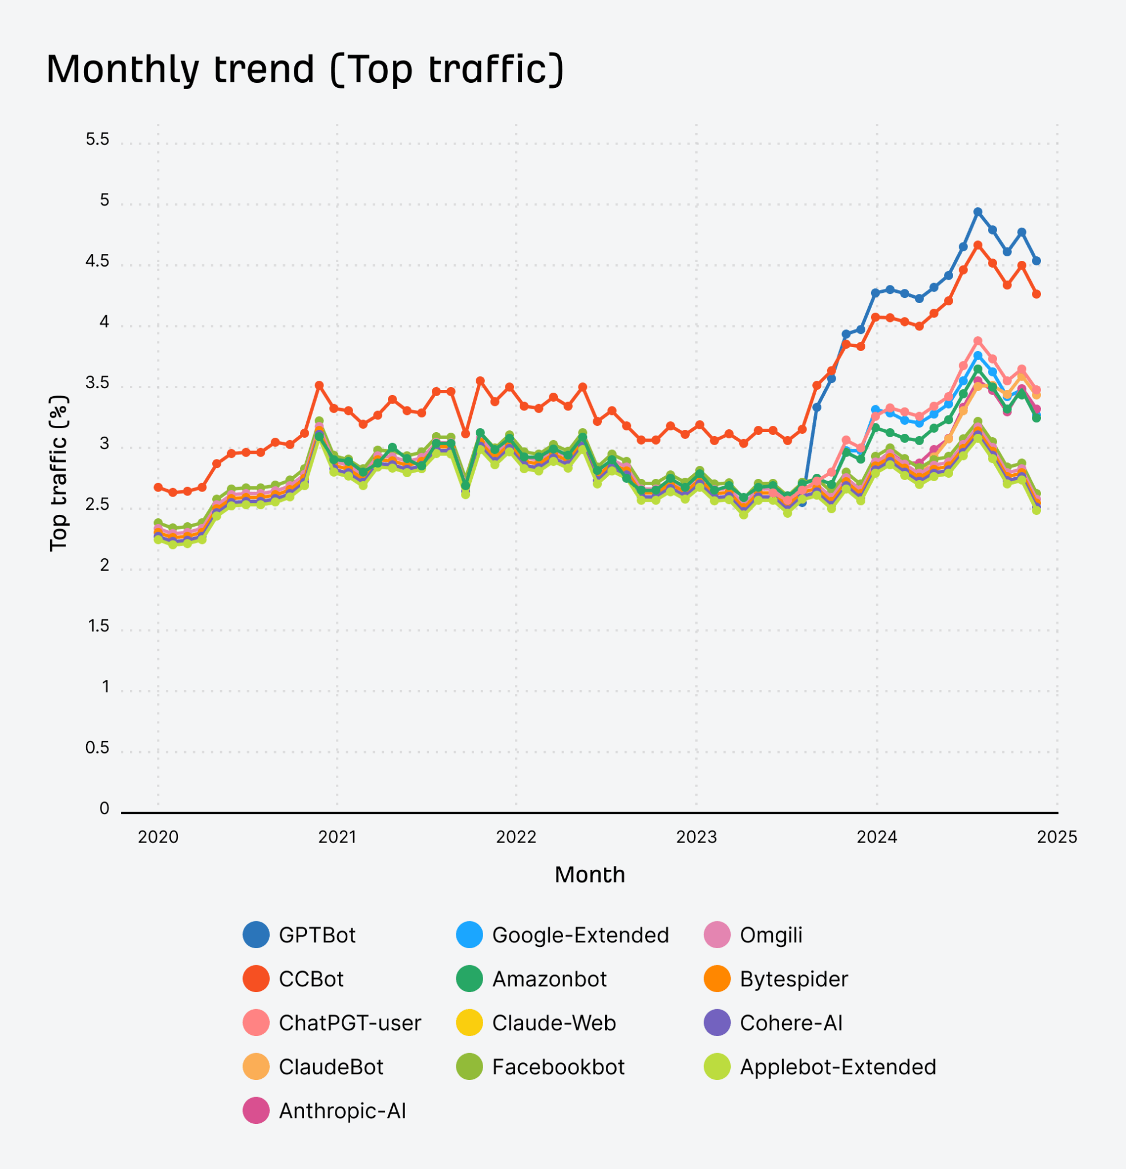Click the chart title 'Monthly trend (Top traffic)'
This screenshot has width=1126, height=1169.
pyautogui.click(x=305, y=69)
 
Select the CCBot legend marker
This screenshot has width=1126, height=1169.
pyautogui.click(x=256, y=979)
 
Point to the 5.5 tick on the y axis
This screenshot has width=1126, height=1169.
pyautogui.click(x=97, y=140)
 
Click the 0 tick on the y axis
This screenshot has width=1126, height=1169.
pyautogui.click(x=104, y=809)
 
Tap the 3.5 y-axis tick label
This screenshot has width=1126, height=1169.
pyautogui.click(x=97, y=383)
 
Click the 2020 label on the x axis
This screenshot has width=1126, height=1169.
pyautogui.click(x=158, y=837)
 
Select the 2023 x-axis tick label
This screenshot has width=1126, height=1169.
pyautogui.click(x=696, y=837)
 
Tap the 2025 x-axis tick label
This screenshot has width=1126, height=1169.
pyautogui.click(x=1057, y=837)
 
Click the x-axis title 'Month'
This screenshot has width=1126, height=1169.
pyautogui.click(x=590, y=874)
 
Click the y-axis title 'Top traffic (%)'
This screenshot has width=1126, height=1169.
pyautogui.click(x=58, y=473)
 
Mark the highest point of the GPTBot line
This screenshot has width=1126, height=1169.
pyautogui.click(x=978, y=212)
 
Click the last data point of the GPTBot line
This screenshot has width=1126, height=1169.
pyautogui.click(x=1036, y=261)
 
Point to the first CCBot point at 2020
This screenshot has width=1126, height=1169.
pyautogui.click(x=158, y=487)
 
